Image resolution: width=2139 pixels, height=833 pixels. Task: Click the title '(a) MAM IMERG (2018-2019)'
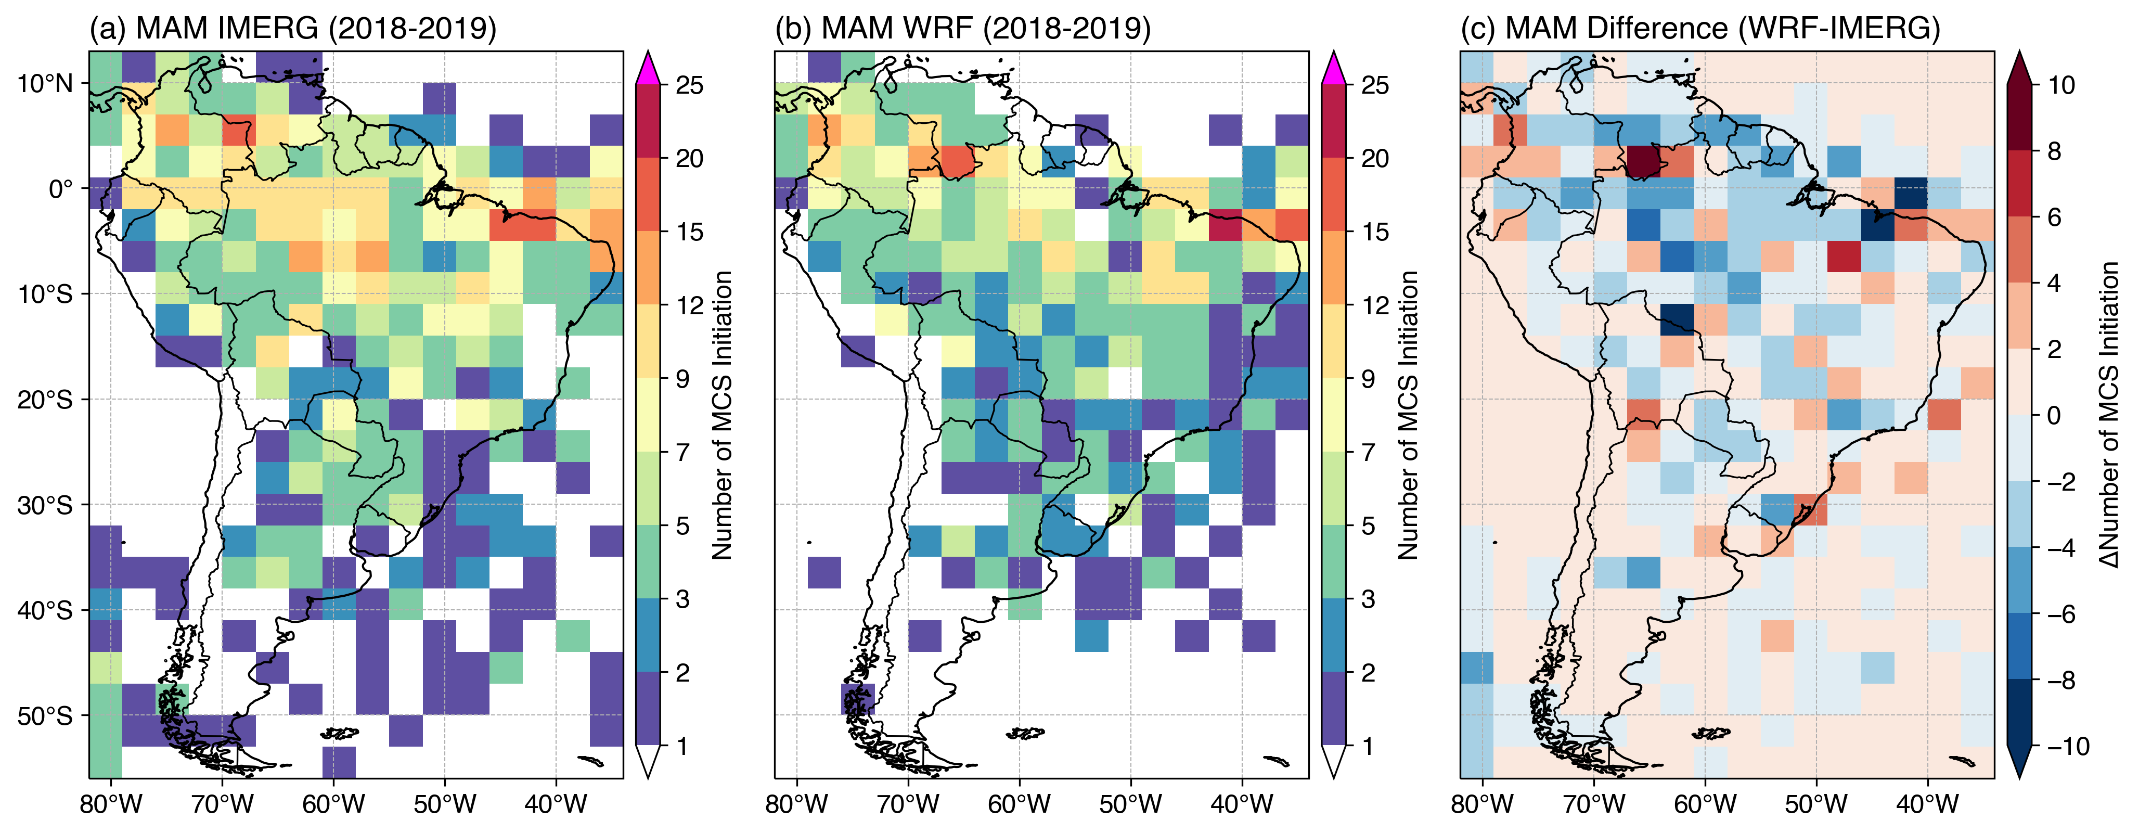click(x=292, y=28)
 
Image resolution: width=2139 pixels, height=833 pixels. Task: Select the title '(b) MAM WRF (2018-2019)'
click(x=962, y=28)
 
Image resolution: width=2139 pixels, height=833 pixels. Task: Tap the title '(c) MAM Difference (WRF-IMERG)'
click(x=1700, y=28)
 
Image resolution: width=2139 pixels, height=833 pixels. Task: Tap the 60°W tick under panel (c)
click(x=1705, y=804)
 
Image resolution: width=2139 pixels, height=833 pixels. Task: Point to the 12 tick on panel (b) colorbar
click(x=1374, y=305)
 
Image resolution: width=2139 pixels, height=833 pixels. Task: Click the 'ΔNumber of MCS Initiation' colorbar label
click(x=2109, y=415)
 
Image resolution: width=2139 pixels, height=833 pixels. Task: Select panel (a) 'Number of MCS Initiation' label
click(x=723, y=415)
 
